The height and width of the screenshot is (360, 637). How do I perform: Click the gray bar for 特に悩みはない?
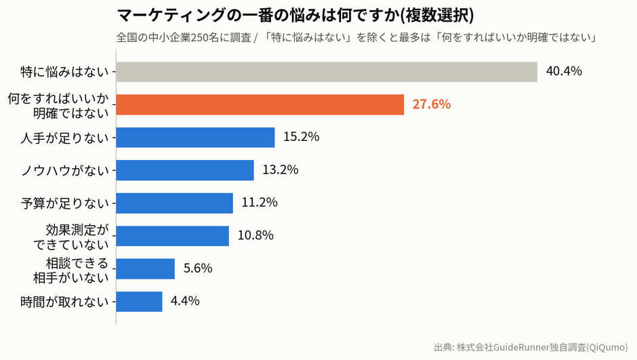pyautogui.click(x=327, y=72)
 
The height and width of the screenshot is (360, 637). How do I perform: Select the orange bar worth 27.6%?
pyautogui.click(x=260, y=105)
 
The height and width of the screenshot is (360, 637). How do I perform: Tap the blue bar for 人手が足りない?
pyautogui.click(x=195, y=138)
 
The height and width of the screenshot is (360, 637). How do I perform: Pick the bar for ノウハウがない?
pyautogui.click(x=185, y=170)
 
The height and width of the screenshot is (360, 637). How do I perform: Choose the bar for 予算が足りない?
pyautogui.click(x=175, y=203)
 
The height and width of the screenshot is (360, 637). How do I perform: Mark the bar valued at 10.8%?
pyautogui.click(x=172, y=236)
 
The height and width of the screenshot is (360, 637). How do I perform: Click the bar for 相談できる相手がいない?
pyautogui.click(x=146, y=268)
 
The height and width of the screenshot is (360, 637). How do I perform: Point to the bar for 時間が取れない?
pyautogui.click(x=139, y=302)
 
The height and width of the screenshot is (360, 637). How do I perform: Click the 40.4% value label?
pyautogui.click(x=564, y=71)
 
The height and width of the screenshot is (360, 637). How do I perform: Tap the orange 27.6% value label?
pyautogui.click(x=432, y=104)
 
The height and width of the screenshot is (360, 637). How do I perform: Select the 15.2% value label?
pyautogui.click(x=301, y=137)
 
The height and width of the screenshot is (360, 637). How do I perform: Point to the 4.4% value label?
pyautogui.click(x=185, y=300)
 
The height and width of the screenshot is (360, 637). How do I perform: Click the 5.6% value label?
pyautogui.click(x=198, y=268)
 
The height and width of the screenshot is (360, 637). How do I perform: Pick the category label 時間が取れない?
pyautogui.click(x=65, y=302)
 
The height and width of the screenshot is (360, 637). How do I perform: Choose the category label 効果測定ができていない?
pyautogui.click(x=72, y=237)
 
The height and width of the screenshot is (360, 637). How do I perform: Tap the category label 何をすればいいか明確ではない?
pyautogui.click(x=58, y=106)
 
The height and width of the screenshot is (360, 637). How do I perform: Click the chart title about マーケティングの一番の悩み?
pyautogui.click(x=295, y=16)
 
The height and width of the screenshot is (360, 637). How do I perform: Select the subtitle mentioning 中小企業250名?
pyautogui.click(x=356, y=38)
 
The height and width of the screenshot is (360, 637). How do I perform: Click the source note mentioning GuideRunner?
pyautogui.click(x=531, y=347)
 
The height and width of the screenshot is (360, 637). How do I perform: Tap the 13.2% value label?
pyautogui.click(x=281, y=169)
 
